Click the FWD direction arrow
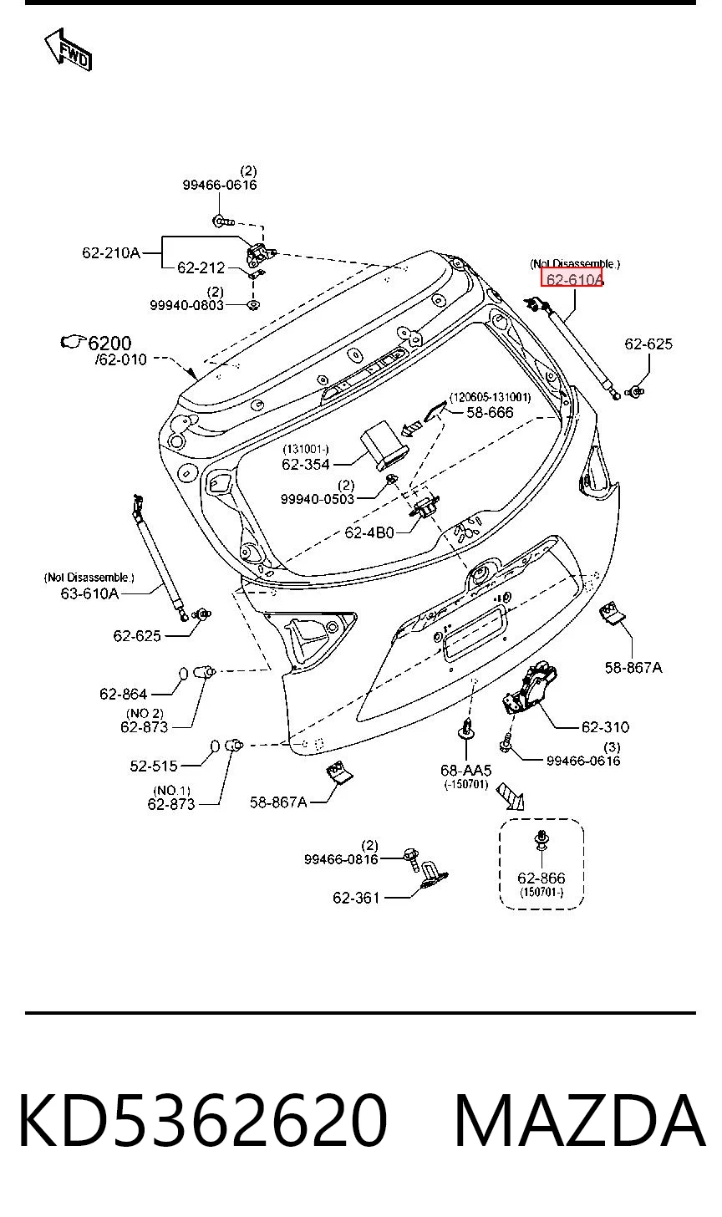coord(69,49)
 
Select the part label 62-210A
coord(111,252)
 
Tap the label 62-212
coord(201,267)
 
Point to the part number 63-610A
coord(89,593)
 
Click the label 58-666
coord(490,412)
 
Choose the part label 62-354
coord(306,464)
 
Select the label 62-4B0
coord(369,532)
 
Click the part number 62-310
coord(605,727)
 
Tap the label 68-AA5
coord(465,771)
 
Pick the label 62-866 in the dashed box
coord(541,878)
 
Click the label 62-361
coord(356,898)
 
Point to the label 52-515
coord(154,766)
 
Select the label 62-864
coord(124,694)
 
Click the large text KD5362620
coord(202,1119)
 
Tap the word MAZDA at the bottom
coord(580,1119)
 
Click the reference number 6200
coord(109,344)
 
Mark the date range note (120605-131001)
coord(490,397)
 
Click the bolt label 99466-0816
coord(341,859)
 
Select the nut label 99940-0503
coord(318,499)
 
